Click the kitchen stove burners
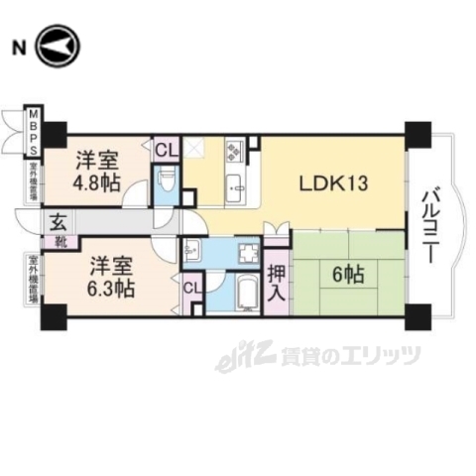236,151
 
